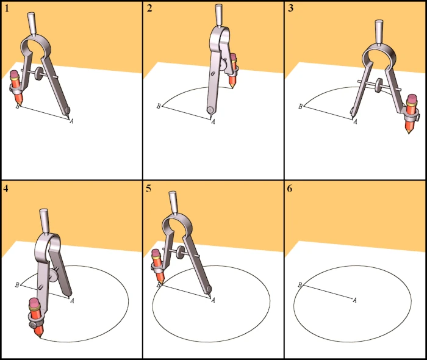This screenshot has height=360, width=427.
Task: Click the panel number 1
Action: click(x=7, y=9)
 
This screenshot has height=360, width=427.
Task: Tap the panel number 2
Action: click(x=149, y=9)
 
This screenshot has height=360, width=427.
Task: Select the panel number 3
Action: click(x=290, y=9)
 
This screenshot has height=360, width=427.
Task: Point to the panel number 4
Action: click(x=5, y=188)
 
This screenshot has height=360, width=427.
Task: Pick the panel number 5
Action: click(x=148, y=188)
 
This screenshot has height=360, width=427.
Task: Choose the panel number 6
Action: click(x=290, y=188)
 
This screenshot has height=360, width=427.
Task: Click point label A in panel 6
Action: click(x=354, y=300)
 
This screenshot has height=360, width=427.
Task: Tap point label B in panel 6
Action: click(x=300, y=285)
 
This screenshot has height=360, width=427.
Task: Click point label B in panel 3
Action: click(x=301, y=106)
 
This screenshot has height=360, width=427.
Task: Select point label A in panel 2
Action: click(x=213, y=121)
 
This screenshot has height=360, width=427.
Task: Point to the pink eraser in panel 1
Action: click(x=15, y=74)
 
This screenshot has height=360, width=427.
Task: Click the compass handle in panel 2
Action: click(x=219, y=15)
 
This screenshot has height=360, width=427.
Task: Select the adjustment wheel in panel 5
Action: click(x=180, y=251)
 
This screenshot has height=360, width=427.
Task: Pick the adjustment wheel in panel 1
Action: click(x=40, y=73)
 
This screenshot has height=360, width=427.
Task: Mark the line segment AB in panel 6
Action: click(x=328, y=292)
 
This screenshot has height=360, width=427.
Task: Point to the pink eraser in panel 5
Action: click(x=156, y=254)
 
